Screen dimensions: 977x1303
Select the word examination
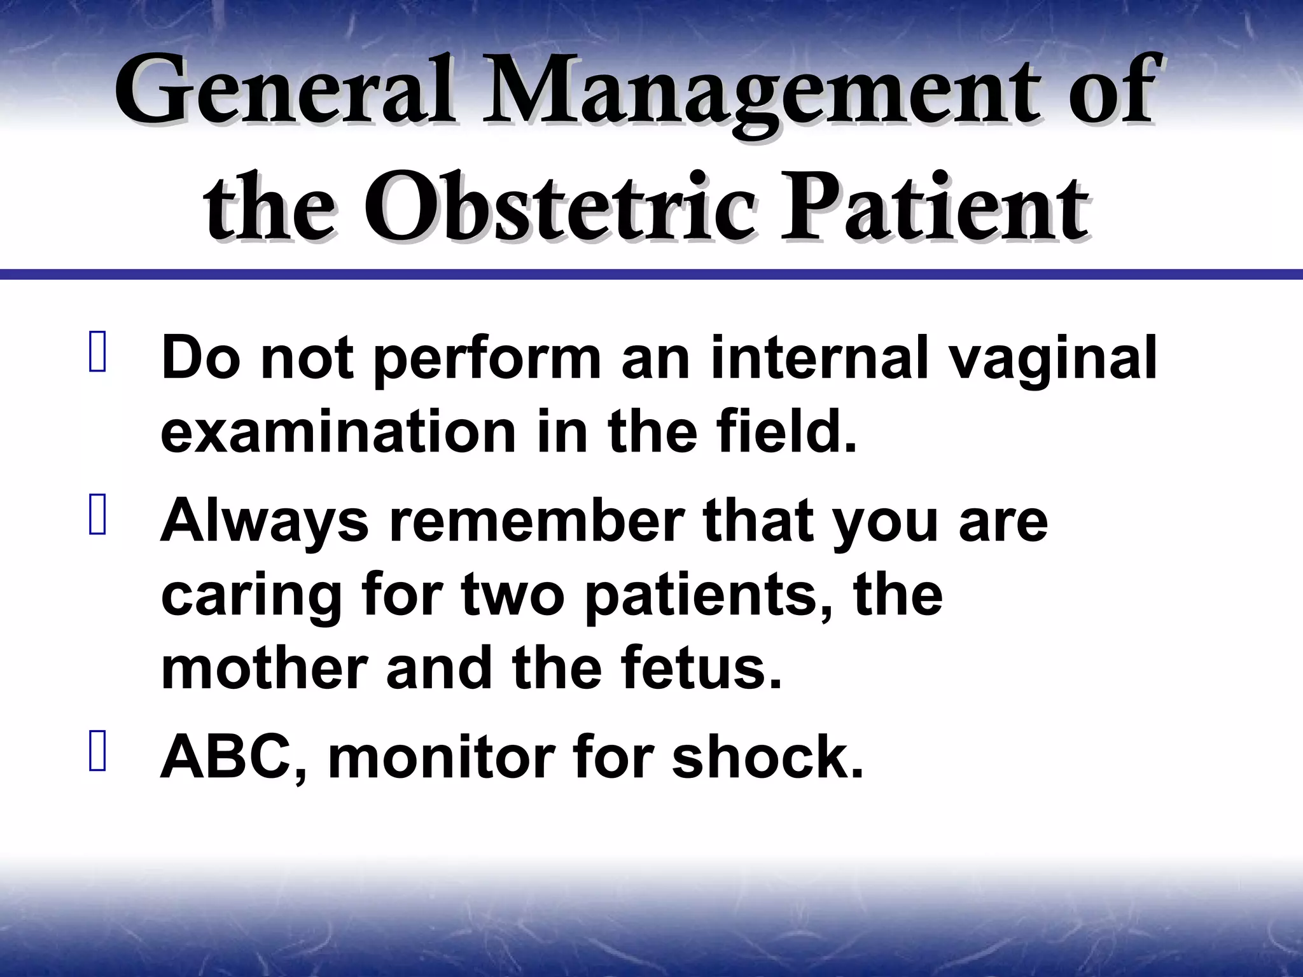338,433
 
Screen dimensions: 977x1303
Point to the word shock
767,757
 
